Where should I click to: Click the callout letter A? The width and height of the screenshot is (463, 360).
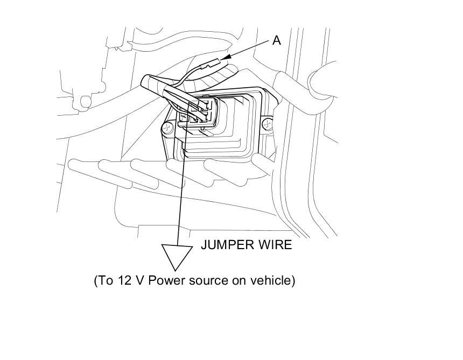[x=276, y=40]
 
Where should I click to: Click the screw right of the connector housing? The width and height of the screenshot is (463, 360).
[x=266, y=125]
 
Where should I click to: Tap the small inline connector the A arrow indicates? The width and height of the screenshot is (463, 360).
[x=212, y=66]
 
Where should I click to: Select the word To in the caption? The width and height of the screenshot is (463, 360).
[x=103, y=280]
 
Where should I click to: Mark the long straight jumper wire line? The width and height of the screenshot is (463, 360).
[x=181, y=194]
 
